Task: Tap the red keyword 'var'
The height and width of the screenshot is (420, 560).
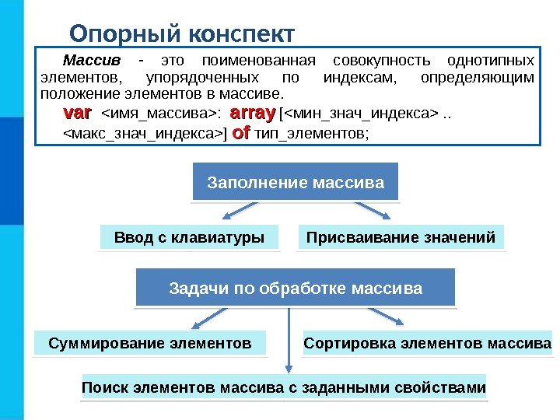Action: pyautogui.click(x=76, y=114)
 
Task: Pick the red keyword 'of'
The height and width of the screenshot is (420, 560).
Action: pyautogui.click(x=240, y=133)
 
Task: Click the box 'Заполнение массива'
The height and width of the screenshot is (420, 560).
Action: pyautogui.click(x=296, y=184)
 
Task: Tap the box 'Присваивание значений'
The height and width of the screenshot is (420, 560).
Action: pyautogui.click(x=401, y=237)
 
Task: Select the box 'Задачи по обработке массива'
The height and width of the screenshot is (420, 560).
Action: pyautogui.click(x=296, y=289)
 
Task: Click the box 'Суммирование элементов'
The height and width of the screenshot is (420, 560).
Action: pyautogui.click(x=150, y=342)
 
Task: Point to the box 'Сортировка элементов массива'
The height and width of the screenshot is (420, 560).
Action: pyautogui.click(x=427, y=342)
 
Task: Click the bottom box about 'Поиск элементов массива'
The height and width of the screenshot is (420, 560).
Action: pyautogui.click(x=284, y=387)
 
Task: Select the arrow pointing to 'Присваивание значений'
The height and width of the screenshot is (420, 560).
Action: pyautogui.click(x=373, y=212)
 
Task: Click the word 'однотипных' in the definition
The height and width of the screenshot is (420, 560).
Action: pyautogui.click(x=496, y=61)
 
